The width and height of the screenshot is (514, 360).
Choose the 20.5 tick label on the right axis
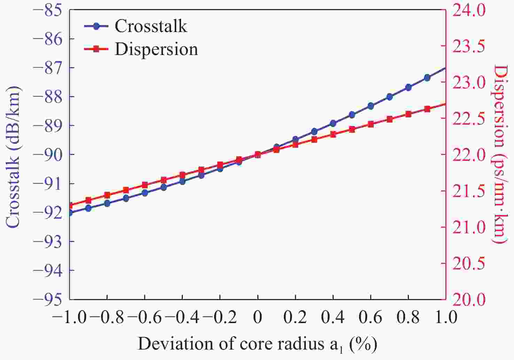click(468, 263)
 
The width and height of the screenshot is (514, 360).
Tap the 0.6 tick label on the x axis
click(371, 317)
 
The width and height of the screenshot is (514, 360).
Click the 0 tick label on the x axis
click(258, 317)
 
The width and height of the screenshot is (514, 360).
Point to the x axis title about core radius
click(257, 344)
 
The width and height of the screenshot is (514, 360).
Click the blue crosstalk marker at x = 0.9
click(427, 78)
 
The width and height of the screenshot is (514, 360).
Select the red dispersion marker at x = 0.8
click(408, 114)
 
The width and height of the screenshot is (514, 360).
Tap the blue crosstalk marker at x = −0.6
click(145, 193)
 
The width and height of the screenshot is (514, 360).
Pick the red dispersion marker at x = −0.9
click(88, 200)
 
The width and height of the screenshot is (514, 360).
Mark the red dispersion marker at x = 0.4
click(333, 134)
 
